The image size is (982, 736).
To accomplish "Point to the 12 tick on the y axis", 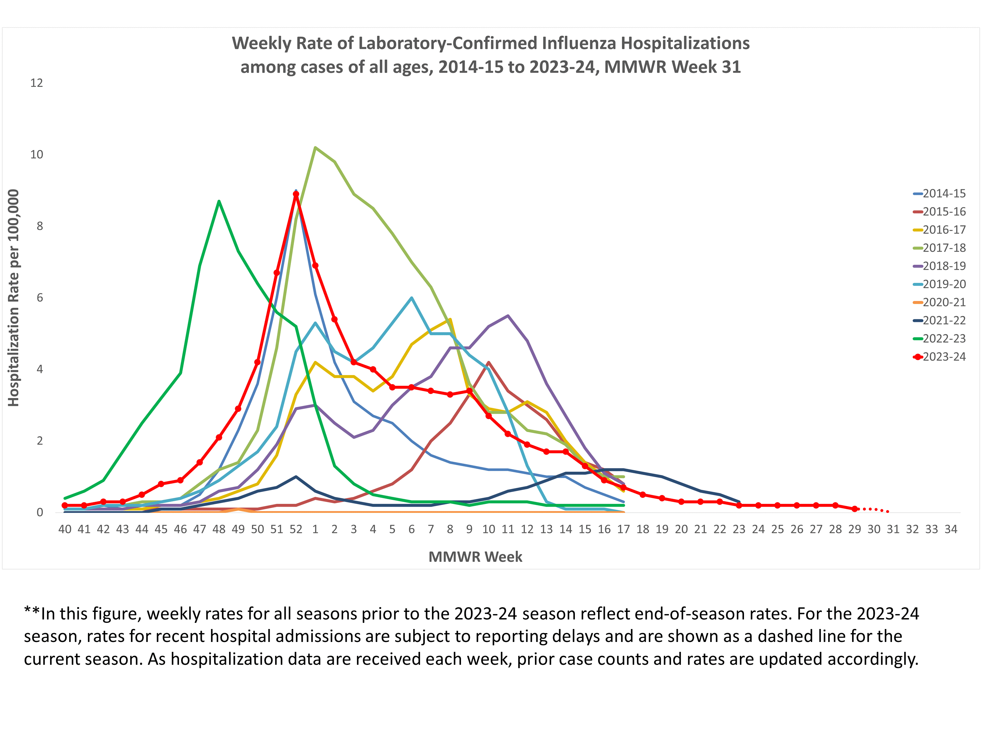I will click(36, 83).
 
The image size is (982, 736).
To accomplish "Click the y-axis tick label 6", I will click(40, 298).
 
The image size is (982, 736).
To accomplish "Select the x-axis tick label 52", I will click(296, 529).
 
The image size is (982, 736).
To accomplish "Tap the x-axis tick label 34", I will click(951, 529).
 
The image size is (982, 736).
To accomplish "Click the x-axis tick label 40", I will click(65, 529).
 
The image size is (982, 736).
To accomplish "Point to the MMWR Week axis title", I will click(475, 557).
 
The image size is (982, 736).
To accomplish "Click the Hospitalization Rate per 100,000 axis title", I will click(14, 298).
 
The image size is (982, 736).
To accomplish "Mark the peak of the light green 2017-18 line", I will click(315, 147).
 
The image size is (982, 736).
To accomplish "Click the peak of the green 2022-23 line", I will click(219, 201).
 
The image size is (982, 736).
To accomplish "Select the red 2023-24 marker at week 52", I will click(296, 194).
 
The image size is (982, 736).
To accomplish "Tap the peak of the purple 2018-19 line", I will click(508, 316).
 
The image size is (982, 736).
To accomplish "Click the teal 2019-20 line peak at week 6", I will click(412, 298).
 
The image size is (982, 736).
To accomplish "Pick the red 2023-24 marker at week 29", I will click(854, 509).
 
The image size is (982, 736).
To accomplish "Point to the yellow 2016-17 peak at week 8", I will click(450, 319).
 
